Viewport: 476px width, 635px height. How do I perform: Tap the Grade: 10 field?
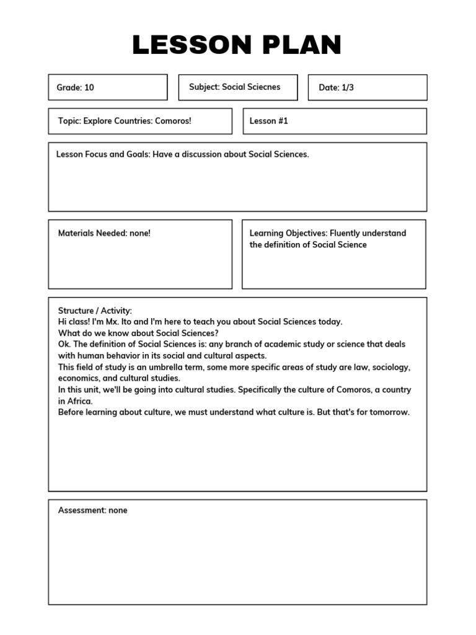[x=76, y=87]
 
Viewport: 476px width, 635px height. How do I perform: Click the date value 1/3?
[x=347, y=87]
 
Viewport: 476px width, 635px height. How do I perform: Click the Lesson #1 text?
[x=268, y=121]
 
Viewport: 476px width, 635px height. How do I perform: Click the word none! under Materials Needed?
[x=139, y=233]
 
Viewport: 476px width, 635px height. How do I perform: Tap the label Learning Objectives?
[x=288, y=233]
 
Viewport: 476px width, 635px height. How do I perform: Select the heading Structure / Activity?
[x=95, y=311]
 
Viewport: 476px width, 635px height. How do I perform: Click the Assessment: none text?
[x=92, y=510]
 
